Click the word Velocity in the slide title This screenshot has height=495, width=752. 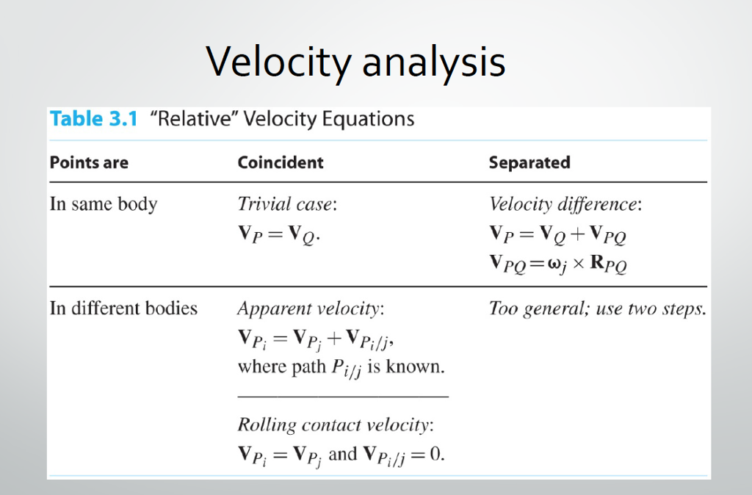279,62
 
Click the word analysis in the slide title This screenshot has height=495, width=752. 434,62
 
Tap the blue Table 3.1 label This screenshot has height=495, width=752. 94,118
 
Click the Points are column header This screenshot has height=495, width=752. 89,162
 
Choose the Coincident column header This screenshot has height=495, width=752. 281,162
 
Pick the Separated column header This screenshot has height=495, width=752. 529,162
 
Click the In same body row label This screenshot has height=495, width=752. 104,204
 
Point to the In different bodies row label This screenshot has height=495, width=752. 123,308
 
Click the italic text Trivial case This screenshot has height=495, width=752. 287,204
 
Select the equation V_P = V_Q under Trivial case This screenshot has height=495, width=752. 279,235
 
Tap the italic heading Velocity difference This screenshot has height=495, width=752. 565,204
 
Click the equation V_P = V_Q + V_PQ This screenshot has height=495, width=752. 558,234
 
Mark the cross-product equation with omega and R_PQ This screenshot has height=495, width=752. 558,264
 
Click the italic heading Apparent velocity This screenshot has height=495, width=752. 311,308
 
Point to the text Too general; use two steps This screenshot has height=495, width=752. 598,308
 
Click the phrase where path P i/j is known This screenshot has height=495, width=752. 341,368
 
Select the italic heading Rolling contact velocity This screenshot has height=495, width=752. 336,425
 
